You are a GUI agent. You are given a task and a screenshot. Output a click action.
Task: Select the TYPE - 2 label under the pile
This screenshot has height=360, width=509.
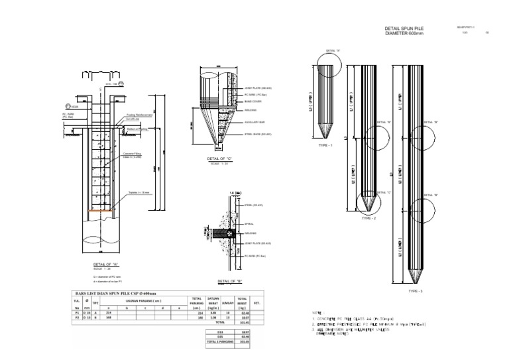(369, 217)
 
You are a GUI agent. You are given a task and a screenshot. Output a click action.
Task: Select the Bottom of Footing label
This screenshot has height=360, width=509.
(137, 129)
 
